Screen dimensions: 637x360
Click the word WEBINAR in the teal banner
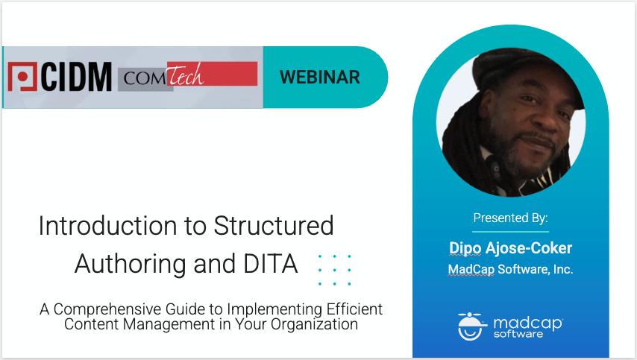(320, 77)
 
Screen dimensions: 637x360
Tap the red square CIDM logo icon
(22, 76)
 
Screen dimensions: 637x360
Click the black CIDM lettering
(76, 77)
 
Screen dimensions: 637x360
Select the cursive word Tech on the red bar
(185, 75)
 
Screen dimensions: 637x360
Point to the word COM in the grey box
(145, 78)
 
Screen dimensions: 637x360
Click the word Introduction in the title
(107, 226)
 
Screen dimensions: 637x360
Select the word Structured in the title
(274, 226)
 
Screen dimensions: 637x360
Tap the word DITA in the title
(271, 264)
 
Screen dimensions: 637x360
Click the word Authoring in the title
(131, 265)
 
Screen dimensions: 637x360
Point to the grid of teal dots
(335, 271)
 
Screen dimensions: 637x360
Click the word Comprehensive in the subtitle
(107, 309)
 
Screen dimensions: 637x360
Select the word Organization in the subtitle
(314, 325)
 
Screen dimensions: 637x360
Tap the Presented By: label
(511, 218)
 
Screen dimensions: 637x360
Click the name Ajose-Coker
(529, 248)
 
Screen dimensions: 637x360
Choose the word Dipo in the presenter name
(465, 248)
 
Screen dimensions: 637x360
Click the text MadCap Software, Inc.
(511, 270)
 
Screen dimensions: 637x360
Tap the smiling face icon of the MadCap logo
(471, 326)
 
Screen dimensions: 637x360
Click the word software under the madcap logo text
(518, 334)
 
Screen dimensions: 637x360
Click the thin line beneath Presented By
(511, 232)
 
